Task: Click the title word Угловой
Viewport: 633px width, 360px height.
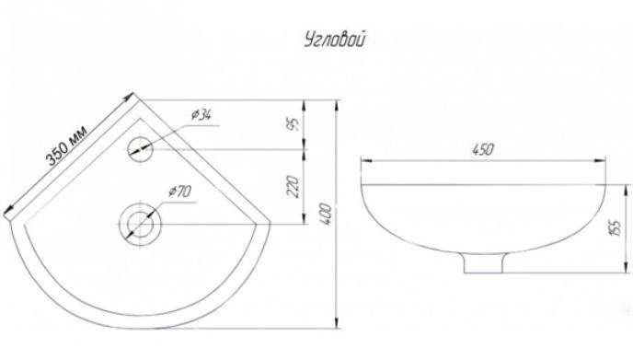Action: pos(335,41)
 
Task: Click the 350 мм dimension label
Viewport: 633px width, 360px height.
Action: pos(66,145)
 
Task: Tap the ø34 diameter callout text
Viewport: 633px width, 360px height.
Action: pos(201,116)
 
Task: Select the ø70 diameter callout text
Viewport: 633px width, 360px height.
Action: pos(180,192)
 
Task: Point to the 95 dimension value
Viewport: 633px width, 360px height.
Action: pos(295,124)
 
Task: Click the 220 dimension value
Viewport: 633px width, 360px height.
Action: pos(294,186)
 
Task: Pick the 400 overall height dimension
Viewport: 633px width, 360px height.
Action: pos(327,215)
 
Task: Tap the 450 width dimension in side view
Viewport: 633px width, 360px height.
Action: pos(483,149)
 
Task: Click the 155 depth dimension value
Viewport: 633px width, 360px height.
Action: pos(617,228)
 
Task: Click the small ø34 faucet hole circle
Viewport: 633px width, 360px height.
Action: pos(140,149)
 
